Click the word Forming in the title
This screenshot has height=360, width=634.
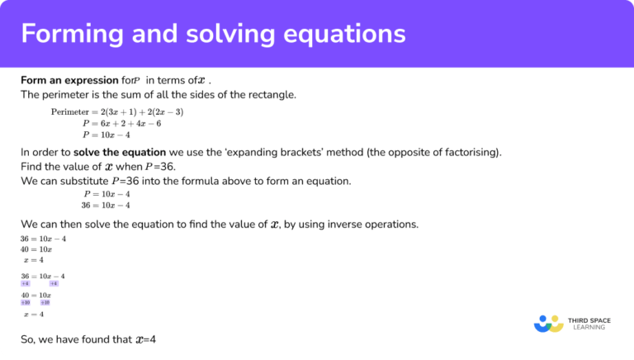70,34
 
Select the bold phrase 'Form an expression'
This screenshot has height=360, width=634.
64,80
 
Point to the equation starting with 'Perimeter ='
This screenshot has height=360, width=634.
116,111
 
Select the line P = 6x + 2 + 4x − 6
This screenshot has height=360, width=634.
121,123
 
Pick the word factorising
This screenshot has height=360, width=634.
467,152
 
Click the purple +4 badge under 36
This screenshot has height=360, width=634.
25,283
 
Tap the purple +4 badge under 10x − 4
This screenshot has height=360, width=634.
54,283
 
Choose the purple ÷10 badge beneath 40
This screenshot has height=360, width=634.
26,302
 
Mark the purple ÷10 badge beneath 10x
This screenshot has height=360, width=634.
45,302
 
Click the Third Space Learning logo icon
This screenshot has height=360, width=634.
548,323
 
